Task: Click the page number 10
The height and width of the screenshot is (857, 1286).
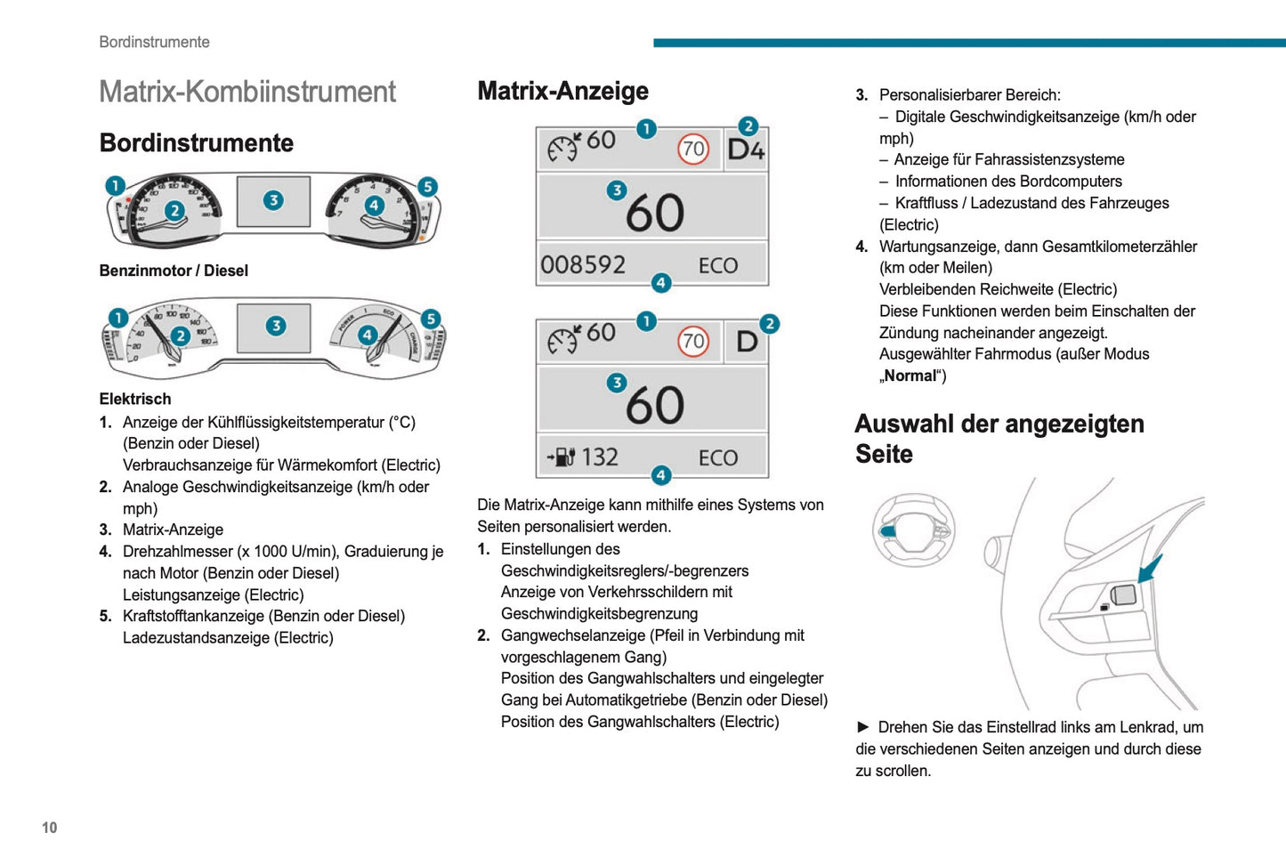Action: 49,828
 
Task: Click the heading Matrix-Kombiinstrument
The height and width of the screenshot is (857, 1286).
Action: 247,92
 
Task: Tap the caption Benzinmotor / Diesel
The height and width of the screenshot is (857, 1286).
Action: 174,271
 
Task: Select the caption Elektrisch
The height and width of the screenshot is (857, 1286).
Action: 135,399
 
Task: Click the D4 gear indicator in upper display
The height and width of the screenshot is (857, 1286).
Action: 746,150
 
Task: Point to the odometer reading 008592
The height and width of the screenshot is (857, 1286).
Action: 583,265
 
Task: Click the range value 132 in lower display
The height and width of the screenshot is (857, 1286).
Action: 599,457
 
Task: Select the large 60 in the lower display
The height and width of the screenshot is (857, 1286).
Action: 655,406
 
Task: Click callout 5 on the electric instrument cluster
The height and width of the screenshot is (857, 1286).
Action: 431,319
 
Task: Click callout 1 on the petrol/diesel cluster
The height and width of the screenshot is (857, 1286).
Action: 115,185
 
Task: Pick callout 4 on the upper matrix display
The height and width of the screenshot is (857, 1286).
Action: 660,283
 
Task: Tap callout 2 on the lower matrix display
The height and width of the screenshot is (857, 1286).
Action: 769,324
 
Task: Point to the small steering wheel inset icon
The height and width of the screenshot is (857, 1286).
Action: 913,530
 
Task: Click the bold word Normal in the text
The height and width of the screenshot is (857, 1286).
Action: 910,376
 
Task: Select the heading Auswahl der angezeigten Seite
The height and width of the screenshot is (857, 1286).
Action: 999,439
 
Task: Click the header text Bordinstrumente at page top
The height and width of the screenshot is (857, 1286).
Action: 154,42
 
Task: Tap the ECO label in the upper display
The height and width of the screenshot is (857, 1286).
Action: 718,266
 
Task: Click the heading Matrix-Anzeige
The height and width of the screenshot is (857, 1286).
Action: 562,91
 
